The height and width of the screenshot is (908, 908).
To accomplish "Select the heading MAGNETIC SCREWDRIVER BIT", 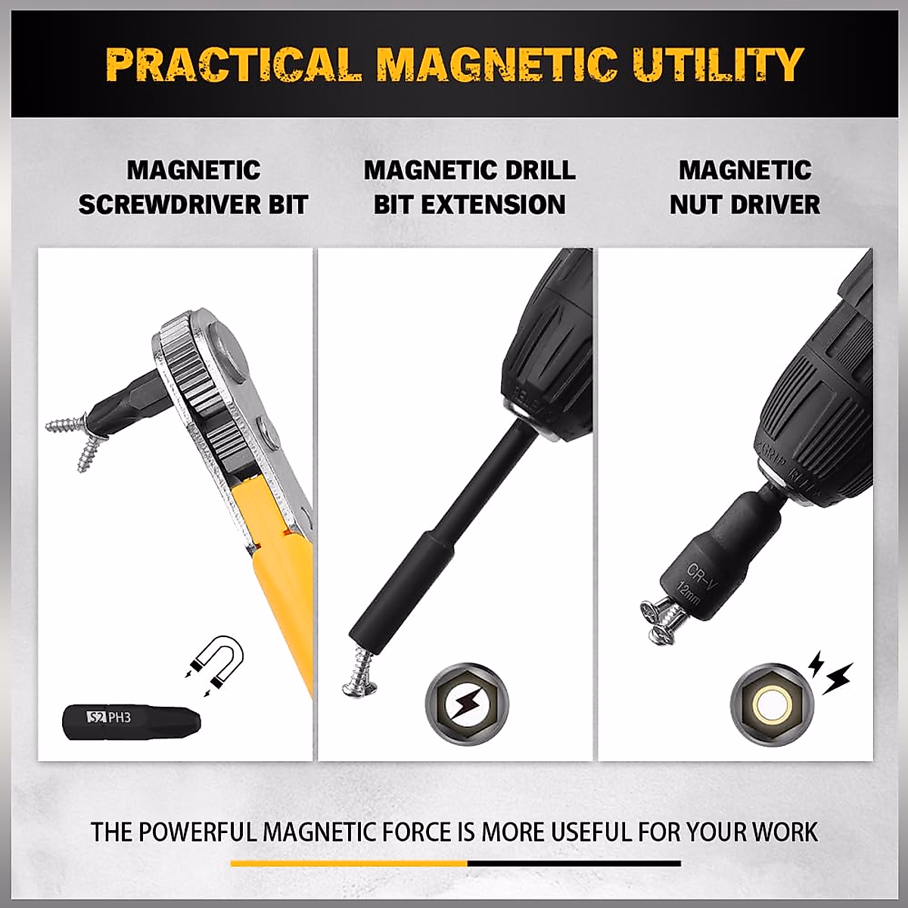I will [194, 187].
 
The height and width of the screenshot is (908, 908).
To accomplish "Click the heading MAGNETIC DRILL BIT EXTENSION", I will [469, 187].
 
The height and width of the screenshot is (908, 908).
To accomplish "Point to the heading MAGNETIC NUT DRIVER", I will [745, 187].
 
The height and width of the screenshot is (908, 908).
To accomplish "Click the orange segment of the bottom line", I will [349, 863].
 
